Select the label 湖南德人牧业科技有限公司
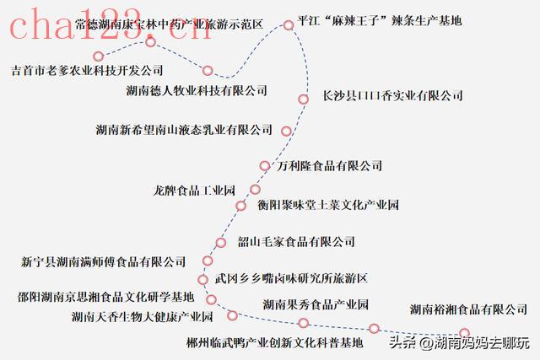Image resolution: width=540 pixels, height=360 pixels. [196, 90]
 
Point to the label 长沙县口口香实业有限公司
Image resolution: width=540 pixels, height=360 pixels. [393, 96]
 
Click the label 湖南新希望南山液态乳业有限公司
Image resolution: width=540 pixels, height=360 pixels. [184, 130]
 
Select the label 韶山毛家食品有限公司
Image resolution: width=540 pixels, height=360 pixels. [295, 242]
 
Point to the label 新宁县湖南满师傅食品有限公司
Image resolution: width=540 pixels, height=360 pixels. [104, 262]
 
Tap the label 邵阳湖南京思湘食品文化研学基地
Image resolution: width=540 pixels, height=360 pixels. [105, 297]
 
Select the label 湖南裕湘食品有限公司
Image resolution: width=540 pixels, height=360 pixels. [467, 309]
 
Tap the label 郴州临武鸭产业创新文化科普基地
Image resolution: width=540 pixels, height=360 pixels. [274, 342]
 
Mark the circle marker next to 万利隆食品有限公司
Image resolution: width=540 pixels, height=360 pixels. [265, 166]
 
